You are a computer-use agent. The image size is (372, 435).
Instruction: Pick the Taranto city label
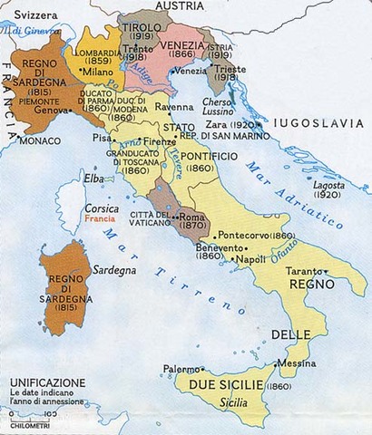pyautogui.click(x=305, y=271)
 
